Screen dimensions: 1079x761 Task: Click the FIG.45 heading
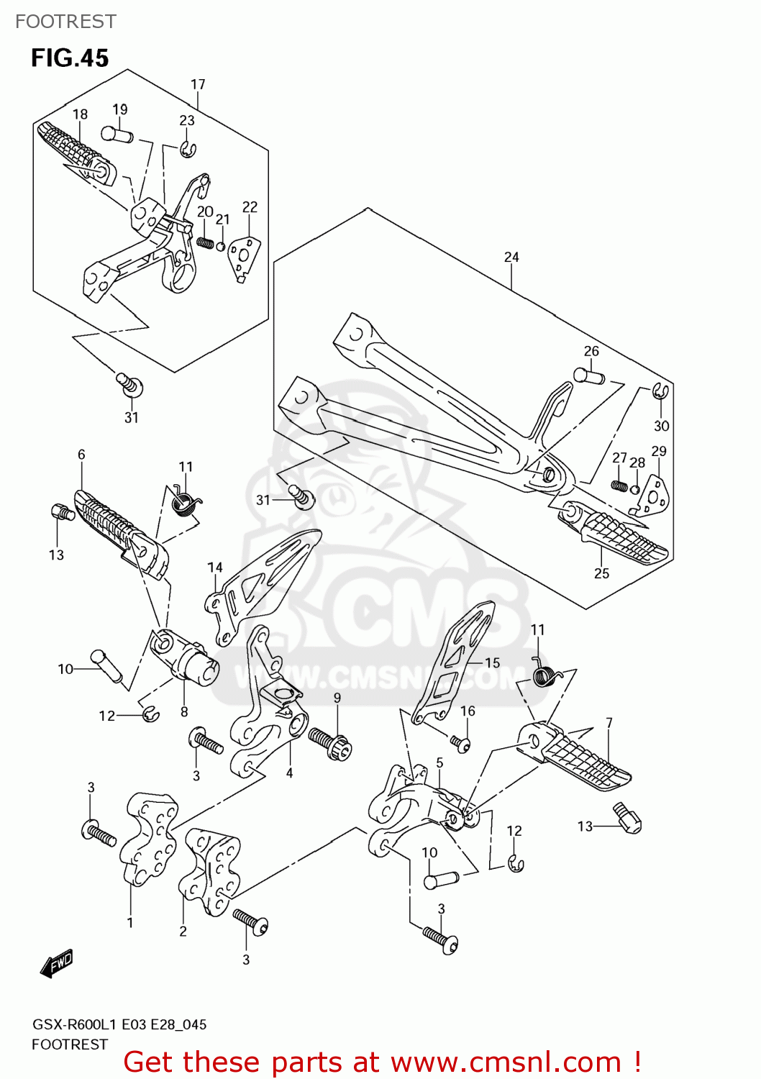70,58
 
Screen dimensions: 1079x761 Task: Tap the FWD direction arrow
57,963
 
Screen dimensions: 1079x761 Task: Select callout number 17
198,85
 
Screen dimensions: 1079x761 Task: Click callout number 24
511,258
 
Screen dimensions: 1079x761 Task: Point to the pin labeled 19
117,134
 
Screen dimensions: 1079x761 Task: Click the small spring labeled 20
206,242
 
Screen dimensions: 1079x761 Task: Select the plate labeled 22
244,258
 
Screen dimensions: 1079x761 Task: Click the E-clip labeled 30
661,392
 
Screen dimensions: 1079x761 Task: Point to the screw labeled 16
460,742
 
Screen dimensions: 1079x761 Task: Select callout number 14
215,568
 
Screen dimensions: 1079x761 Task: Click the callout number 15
492,663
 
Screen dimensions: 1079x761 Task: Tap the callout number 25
601,573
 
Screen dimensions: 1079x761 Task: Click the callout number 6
81,455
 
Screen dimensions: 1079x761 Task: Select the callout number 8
184,711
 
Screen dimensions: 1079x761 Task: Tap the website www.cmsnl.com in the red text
505,1062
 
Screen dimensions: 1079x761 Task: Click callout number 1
130,923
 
